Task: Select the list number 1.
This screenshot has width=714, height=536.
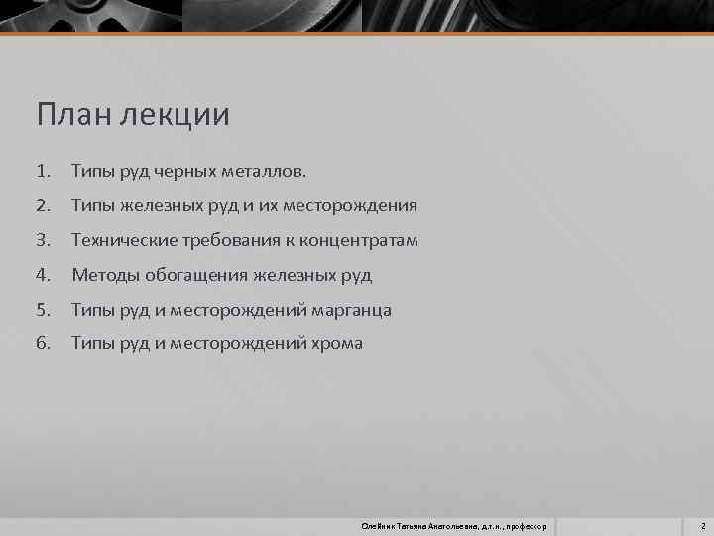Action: (x=43, y=172)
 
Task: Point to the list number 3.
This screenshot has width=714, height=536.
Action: (x=43, y=240)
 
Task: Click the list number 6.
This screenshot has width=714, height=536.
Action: (x=43, y=343)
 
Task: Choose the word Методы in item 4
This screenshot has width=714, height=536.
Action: (x=104, y=275)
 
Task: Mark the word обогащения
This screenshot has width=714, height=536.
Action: (x=195, y=275)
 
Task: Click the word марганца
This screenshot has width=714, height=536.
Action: (x=351, y=310)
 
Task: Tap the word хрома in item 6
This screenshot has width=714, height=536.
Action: (x=336, y=343)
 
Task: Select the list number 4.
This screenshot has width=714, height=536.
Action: (x=43, y=275)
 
